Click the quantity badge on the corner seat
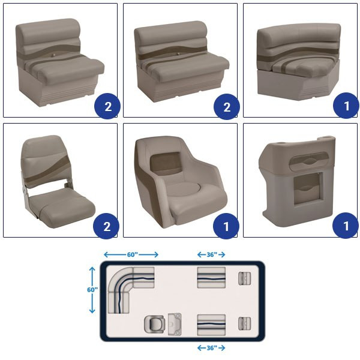pos(346,106)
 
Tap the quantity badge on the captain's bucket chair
pos(226,226)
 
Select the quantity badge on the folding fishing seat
pos(106,226)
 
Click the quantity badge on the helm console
pos(346,226)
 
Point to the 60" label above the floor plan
pos(133,254)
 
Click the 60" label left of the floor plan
pos(92,290)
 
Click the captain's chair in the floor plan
pos(155,324)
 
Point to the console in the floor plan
pos(175,324)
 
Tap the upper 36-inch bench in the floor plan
pos(211,278)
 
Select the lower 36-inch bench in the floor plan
pos(211,325)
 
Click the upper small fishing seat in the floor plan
pos(245,278)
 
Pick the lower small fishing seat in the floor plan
pos(245,323)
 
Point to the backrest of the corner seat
pos(298,40)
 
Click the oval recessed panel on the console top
pos(308,161)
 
